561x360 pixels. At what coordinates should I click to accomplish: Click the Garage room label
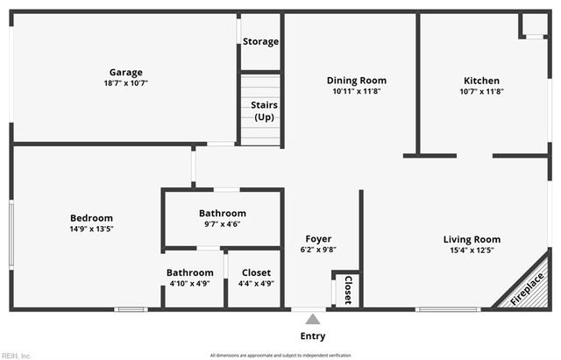(125, 73)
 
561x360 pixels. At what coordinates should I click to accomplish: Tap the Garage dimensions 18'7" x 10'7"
(125, 84)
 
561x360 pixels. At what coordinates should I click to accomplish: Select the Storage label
(260, 42)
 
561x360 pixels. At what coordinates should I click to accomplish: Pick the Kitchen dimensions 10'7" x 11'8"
(481, 91)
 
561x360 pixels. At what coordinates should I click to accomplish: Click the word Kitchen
(481, 81)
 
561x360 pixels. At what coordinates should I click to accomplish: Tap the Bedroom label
(91, 218)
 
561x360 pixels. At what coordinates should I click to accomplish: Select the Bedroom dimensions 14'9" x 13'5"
(91, 229)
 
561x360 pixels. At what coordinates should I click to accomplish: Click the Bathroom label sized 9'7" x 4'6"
(222, 213)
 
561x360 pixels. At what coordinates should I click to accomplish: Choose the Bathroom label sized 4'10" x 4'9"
(189, 273)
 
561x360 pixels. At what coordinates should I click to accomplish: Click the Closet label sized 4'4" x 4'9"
(256, 273)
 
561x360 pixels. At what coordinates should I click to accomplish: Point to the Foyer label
(318, 239)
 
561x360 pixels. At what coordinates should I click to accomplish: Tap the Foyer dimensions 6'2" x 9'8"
(318, 250)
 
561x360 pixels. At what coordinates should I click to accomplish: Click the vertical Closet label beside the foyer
(348, 289)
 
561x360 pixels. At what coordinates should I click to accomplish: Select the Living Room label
(472, 239)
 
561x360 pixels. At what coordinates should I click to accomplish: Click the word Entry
(312, 336)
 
